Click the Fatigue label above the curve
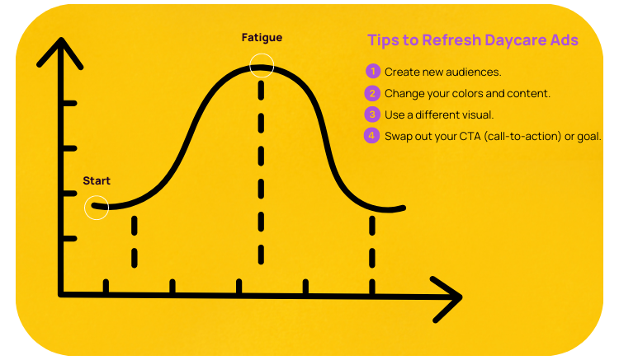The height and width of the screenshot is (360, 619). (x=262, y=37)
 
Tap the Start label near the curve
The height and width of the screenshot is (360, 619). (x=97, y=180)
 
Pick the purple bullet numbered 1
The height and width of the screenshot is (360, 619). (x=373, y=72)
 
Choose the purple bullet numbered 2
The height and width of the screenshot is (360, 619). (x=372, y=93)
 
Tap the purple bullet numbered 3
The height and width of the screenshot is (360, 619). (x=372, y=115)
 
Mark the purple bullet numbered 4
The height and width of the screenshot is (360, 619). (x=371, y=136)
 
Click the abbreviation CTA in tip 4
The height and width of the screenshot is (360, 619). (x=470, y=136)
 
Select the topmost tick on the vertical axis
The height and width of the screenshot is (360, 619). (x=70, y=103)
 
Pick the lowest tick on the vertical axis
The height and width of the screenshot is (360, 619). (x=70, y=239)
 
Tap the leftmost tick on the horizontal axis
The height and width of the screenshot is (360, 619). (x=106, y=286)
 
